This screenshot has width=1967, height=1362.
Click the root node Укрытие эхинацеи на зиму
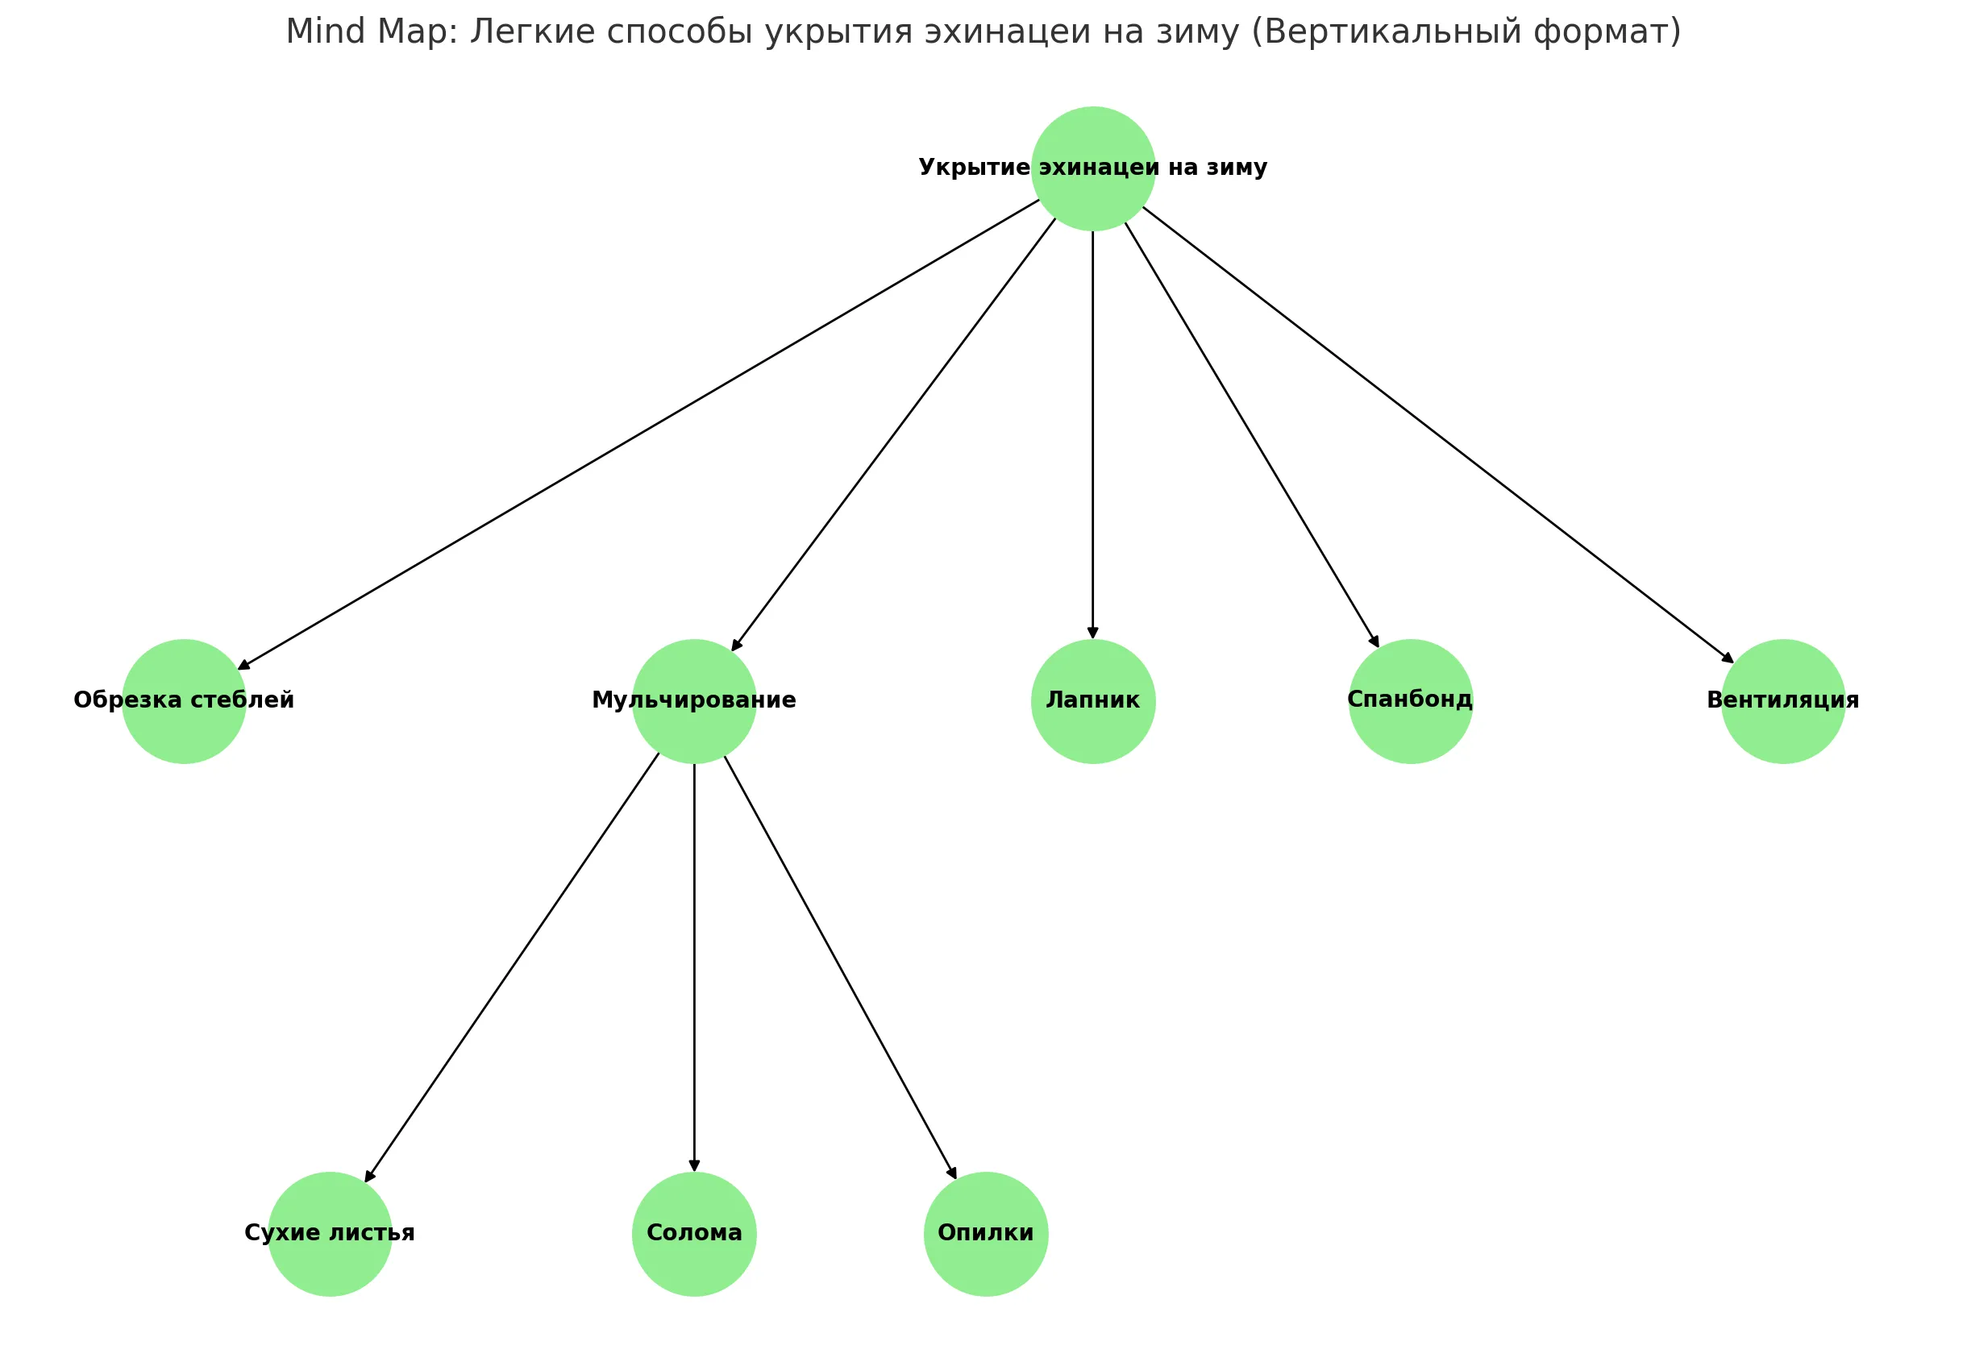click(1093, 168)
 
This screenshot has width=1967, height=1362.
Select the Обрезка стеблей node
click(185, 701)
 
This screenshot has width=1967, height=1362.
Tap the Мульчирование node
click(695, 701)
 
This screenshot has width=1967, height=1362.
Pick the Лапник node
click(1093, 701)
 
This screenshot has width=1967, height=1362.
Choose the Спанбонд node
click(1411, 701)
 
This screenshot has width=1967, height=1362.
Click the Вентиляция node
click(1783, 701)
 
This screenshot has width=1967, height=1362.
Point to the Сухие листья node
click(331, 1234)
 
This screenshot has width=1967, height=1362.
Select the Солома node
click(695, 1234)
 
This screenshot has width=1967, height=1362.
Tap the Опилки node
click(987, 1234)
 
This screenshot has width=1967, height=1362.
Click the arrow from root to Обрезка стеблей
click(638, 434)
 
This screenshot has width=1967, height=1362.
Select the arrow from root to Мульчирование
click(893, 434)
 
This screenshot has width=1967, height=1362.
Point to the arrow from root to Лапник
click(1093, 435)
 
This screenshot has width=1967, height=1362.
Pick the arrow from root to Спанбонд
click(1252, 435)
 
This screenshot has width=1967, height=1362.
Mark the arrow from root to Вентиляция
click(1438, 435)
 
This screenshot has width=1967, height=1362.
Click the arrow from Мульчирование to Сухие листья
click(512, 968)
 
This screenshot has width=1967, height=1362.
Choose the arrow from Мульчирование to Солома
click(695, 968)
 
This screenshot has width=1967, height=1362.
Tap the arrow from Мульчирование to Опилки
click(841, 968)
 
